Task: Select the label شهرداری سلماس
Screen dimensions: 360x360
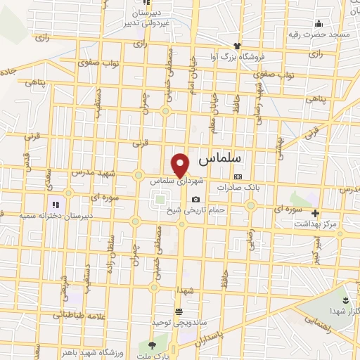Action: point(176,181)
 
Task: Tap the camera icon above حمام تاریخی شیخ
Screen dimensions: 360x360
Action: point(195,199)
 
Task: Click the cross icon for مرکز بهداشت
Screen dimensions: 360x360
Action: point(315,213)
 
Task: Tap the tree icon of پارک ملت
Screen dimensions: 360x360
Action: point(153,345)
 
